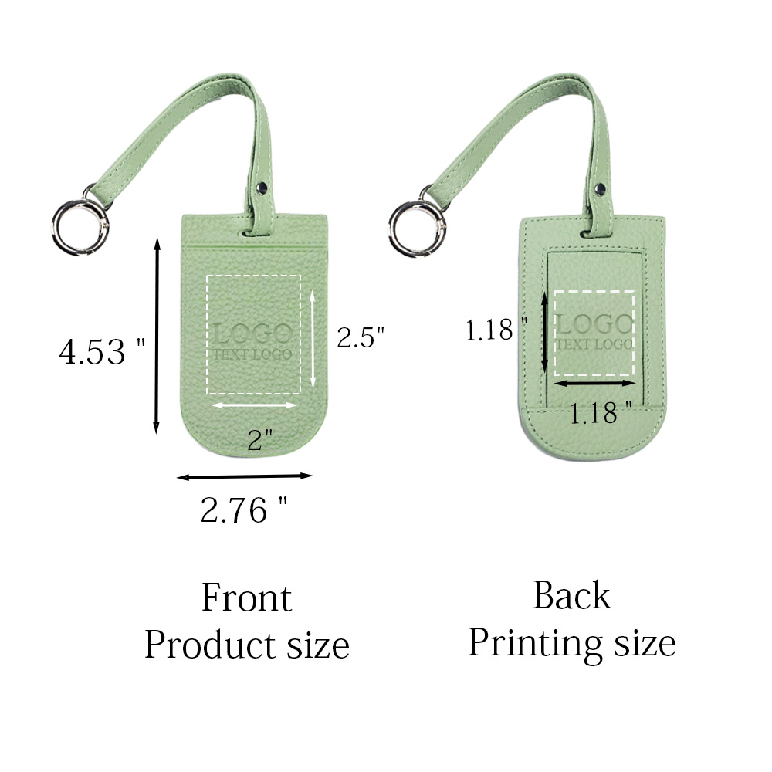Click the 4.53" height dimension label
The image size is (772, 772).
click(x=102, y=351)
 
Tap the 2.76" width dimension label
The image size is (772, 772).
click(x=244, y=510)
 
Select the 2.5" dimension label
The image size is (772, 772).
click(x=361, y=337)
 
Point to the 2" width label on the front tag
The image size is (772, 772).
click(x=259, y=439)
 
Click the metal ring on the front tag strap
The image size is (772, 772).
click(x=55, y=228)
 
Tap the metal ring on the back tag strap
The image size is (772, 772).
click(x=393, y=228)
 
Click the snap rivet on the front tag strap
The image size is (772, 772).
click(x=262, y=187)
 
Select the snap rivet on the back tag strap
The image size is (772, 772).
click(x=600, y=188)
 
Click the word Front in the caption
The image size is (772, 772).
click(x=247, y=598)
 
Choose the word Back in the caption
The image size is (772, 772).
click(x=572, y=595)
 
